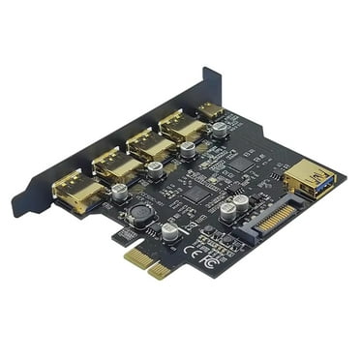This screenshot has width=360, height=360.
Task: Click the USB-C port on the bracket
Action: click(x=210, y=111)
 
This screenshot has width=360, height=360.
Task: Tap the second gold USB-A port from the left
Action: click(x=117, y=165)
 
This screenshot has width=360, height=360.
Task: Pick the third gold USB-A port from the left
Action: click(x=150, y=145)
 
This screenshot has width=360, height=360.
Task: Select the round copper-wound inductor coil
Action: click(x=139, y=214)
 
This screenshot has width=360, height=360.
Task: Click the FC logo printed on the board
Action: click(x=205, y=260)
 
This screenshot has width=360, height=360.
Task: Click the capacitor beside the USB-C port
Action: click(x=221, y=129)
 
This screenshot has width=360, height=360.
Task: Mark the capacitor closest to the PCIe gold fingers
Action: click(x=169, y=231)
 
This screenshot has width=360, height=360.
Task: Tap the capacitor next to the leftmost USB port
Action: click(x=119, y=193)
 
